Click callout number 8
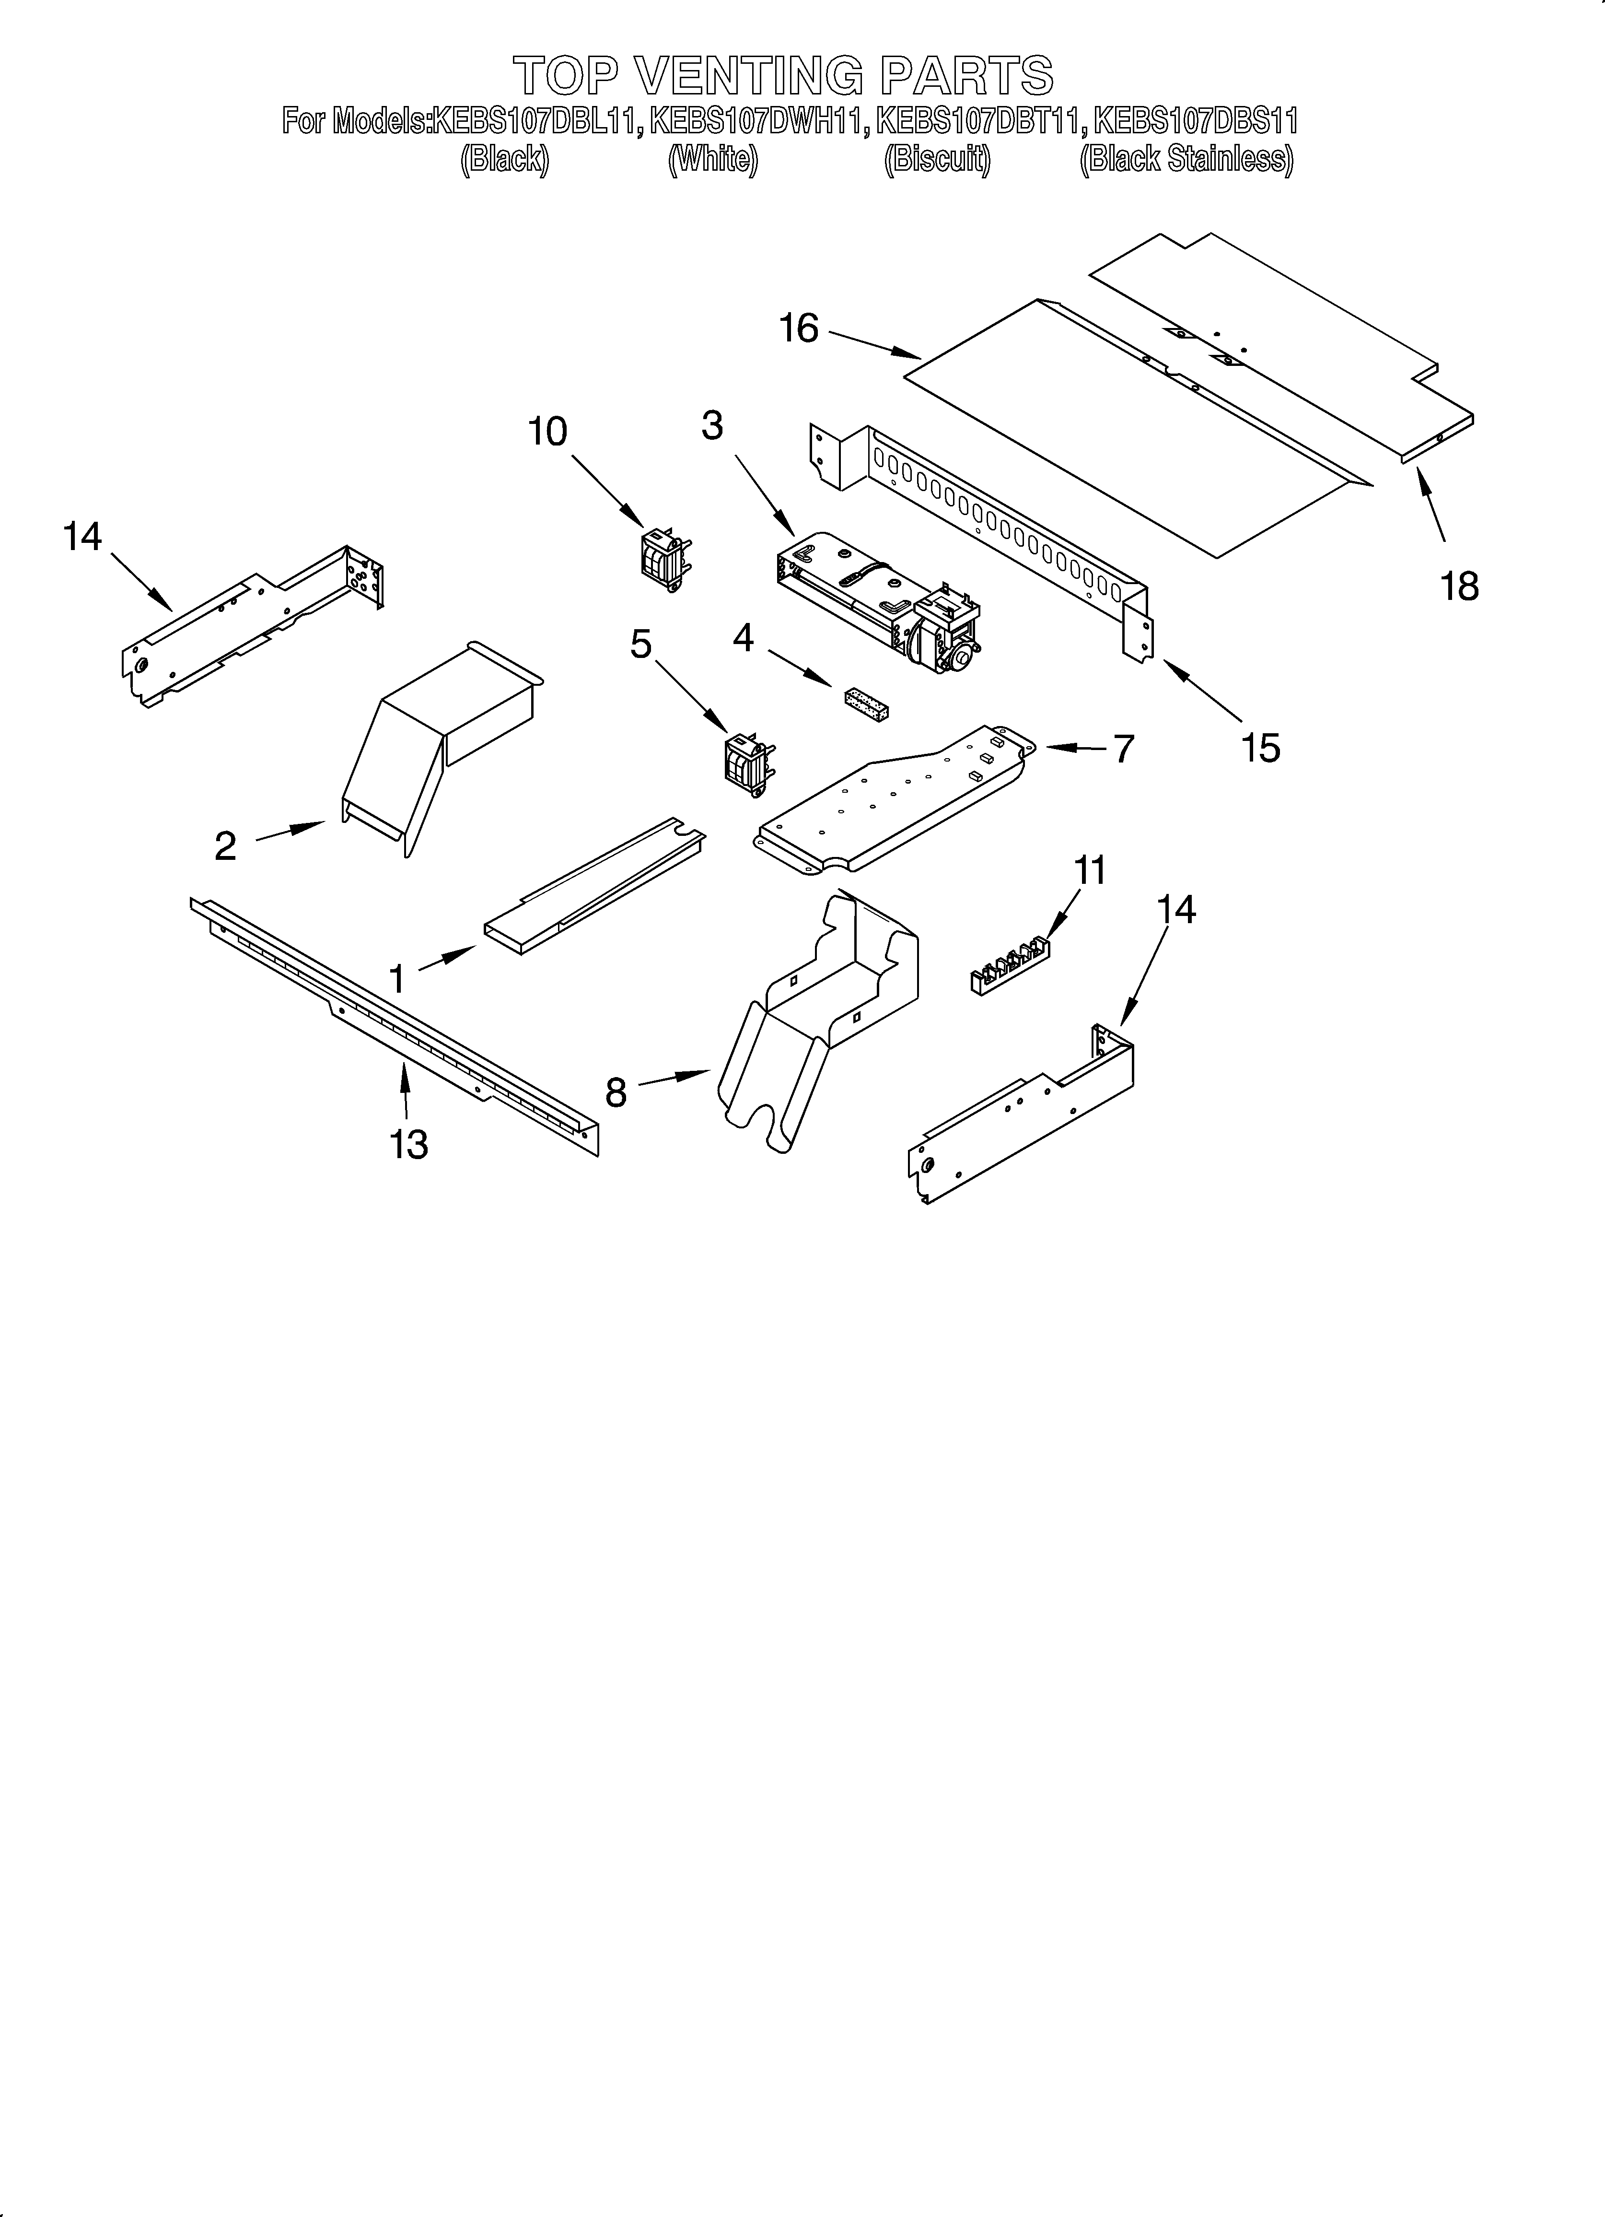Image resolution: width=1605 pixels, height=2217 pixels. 616,1092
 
